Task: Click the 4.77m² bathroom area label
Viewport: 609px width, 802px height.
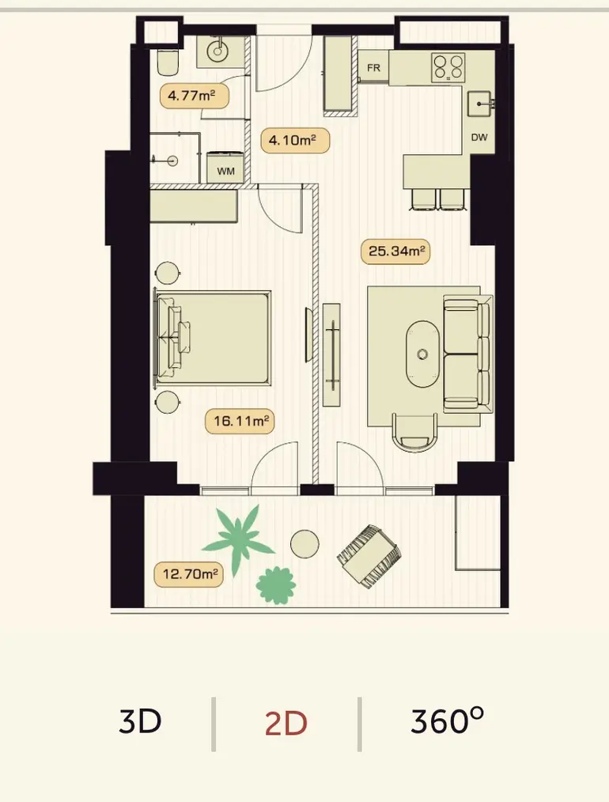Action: [194, 96]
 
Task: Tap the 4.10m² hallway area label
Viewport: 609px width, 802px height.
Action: [294, 140]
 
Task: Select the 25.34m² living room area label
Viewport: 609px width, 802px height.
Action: [395, 252]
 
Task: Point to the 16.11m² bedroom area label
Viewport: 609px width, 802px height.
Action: [240, 422]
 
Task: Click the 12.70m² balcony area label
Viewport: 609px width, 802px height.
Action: [189, 574]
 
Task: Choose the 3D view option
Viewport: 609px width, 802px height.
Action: [139, 721]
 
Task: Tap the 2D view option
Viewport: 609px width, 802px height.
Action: [286, 723]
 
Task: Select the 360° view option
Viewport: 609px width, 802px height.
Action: [447, 721]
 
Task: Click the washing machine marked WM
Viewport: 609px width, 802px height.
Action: [225, 167]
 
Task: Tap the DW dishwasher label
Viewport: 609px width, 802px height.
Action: [479, 137]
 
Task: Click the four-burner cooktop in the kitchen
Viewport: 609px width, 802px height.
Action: [448, 67]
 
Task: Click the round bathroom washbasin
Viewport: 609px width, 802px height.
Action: [217, 51]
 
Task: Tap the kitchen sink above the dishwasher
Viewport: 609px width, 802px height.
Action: [479, 104]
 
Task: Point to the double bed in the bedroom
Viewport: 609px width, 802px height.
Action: [213, 338]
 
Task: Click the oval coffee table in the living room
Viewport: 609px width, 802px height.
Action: [422, 354]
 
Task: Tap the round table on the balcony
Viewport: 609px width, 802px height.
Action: [304, 543]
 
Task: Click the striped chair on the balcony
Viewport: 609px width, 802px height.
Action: [369, 556]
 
